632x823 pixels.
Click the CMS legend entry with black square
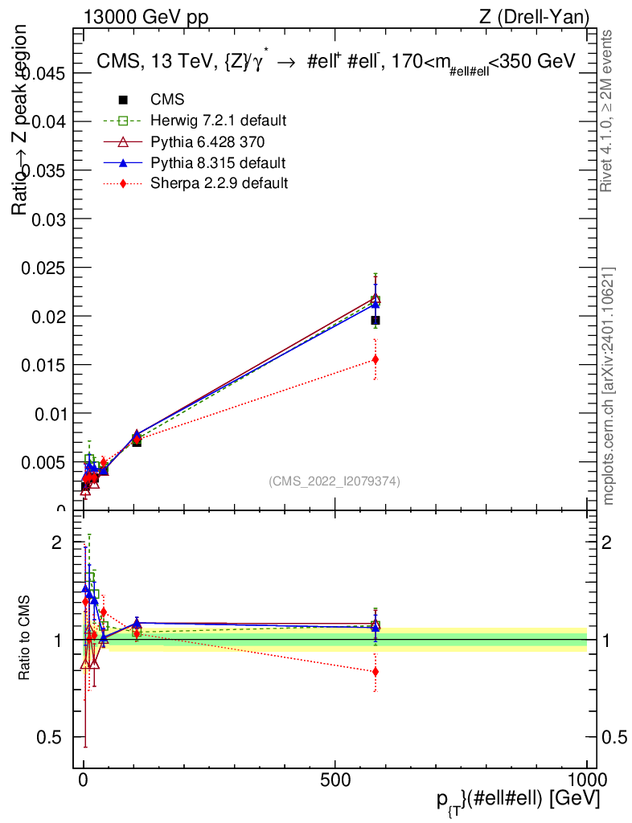[167, 100]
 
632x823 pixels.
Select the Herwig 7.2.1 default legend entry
[219, 121]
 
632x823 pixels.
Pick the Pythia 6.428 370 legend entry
[207, 141]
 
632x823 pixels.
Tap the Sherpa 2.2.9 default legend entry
[219, 183]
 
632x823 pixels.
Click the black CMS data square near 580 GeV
[375, 321]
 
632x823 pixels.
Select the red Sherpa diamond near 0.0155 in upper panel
[375, 359]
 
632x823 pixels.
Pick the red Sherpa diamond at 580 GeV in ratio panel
[375, 672]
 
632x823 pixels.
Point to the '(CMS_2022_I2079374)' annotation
[334, 481]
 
